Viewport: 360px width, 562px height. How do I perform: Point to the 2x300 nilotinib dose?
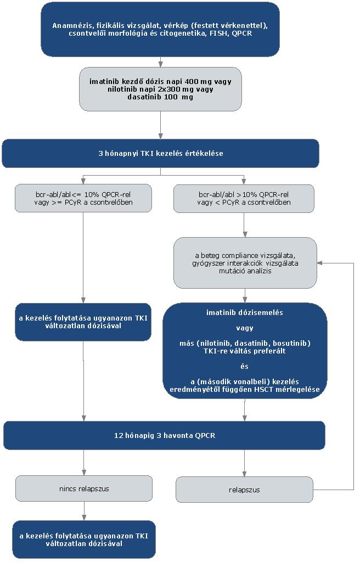tap(170, 89)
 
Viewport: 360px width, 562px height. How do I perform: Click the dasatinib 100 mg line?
tap(160, 97)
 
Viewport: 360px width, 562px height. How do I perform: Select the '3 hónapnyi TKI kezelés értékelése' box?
tap(160, 154)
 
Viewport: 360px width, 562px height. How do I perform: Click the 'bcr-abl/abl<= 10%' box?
tap(83, 198)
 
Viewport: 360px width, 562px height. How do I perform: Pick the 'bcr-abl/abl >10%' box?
tap(244, 198)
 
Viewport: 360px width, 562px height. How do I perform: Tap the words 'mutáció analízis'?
tap(245, 271)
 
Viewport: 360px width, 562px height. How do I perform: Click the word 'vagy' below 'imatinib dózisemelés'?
tap(244, 328)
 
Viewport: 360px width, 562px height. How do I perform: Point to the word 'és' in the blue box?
tap(244, 367)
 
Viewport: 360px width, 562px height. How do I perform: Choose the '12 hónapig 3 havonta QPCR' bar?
tap(164, 435)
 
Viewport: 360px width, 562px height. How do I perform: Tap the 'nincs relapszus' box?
tap(84, 488)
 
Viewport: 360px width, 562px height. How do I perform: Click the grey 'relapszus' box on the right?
tap(244, 490)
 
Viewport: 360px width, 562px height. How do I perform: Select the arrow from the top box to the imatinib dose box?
tap(160, 62)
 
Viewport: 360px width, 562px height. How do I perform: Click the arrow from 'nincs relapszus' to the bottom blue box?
tap(84, 512)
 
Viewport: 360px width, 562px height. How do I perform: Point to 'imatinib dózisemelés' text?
tap(244, 312)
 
